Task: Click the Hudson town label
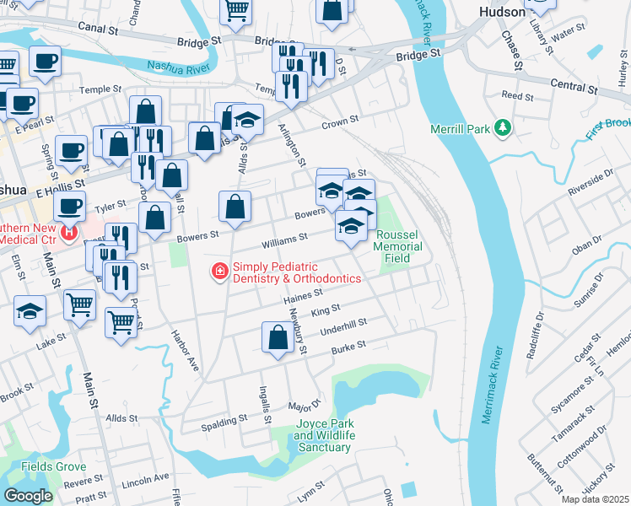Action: coord(502,13)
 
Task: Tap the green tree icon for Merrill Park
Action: coord(504,127)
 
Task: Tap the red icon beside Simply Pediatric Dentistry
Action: coord(219,270)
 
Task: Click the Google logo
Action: coord(28,496)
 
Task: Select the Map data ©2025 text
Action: coord(595,499)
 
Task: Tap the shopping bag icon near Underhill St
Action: coord(278,337)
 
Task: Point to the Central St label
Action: coord(574,86)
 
